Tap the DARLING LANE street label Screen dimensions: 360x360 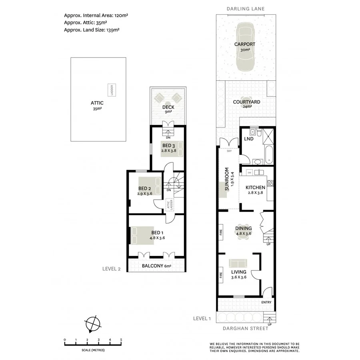(x=246, y=8)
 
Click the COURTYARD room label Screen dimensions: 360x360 (x=246, y=102)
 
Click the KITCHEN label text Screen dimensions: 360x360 (x=255, y=188)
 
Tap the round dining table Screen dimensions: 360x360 (x=244, y=236)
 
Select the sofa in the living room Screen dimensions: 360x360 (x=238, y=263)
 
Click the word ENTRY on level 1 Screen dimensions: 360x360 (x=266, y=302)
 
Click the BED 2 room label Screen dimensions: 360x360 (x=144, y=188)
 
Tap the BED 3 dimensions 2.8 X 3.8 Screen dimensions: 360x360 (x=169, y=151)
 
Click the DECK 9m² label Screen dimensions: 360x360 (x=167, y=110)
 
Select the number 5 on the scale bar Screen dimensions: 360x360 (x=121, y=340)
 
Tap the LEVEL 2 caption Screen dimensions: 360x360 (x=111, y=269)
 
